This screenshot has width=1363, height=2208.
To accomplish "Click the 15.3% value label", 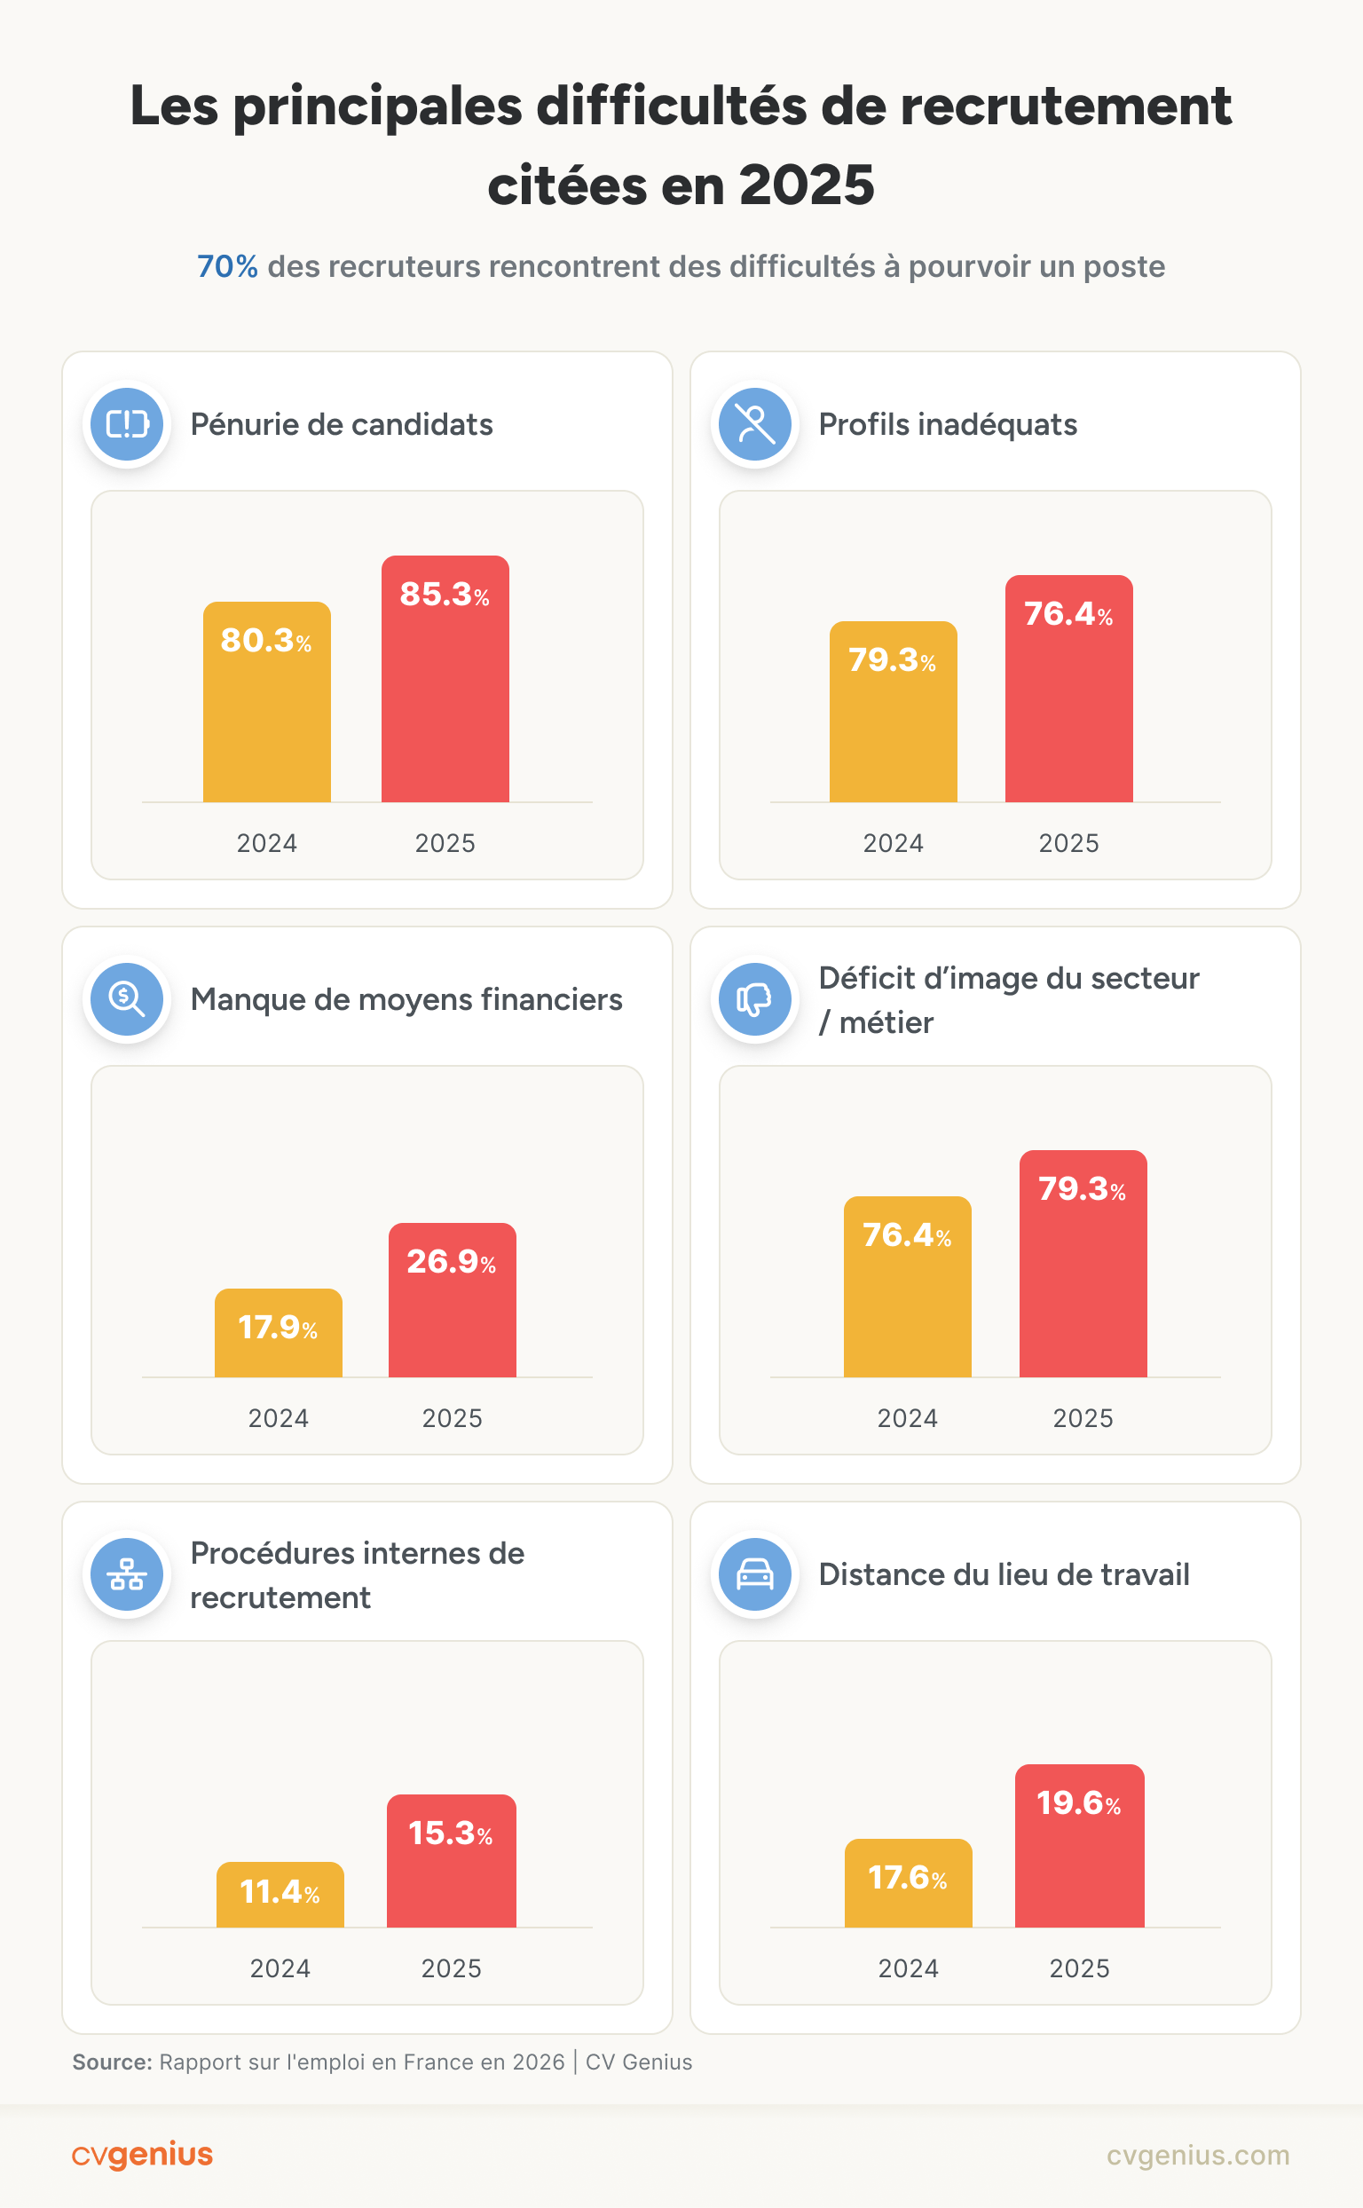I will click(x=450, y=1833).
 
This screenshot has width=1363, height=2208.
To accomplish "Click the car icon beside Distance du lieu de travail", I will click(x=754, y=1574).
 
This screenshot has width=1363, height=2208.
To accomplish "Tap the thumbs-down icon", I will click(x=754, y=999).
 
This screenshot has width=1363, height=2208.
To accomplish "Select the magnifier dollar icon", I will click(x=127, y=999).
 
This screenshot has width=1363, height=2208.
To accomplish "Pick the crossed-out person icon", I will click(x=754, y=423).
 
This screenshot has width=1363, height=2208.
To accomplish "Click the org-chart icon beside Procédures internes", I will click(x=127, y=1574).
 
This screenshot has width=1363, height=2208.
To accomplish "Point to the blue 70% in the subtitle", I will click(x=227, y=267).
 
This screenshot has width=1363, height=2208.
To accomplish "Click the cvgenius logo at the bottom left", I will click(x=143, y=2155).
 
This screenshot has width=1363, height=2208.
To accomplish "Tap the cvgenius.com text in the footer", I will click(x=1197, y=2155).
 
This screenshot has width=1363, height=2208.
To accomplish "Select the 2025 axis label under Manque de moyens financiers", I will click(x=452, y=1418).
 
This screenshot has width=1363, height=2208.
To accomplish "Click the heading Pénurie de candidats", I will click(x=341, y=425).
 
